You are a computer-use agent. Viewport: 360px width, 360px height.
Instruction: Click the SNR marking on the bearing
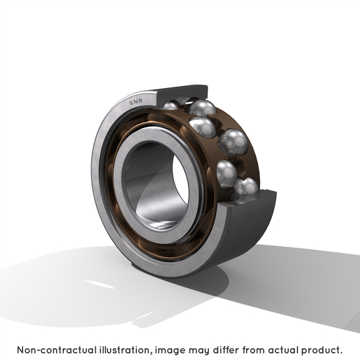[136, 102]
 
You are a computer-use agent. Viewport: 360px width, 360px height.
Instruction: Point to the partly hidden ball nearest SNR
[171, 106]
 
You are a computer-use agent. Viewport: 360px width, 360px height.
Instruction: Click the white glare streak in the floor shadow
[100, 285]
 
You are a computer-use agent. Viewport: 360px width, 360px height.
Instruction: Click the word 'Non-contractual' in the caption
[57, 350]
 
